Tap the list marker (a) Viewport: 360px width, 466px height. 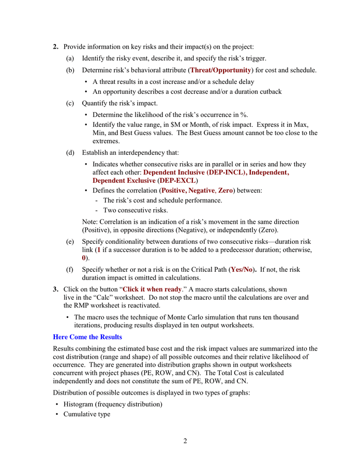pos(70,59)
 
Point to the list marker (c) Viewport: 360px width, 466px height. pos(70,103)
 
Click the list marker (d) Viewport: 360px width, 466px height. pos(70,153)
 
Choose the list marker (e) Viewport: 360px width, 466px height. pos(70,242)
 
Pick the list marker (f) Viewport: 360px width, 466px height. pos(70,270)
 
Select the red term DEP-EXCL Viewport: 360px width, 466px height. pos(177,181)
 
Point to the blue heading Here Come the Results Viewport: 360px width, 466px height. pos(87,337)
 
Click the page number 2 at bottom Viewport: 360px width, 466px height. pos(185,441)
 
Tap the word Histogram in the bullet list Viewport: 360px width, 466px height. pos(80,404)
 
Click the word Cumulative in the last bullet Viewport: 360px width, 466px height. pos(81,414)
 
